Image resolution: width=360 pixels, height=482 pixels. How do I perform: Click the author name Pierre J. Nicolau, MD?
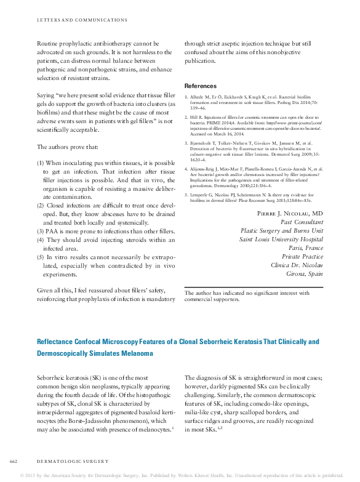click(289, 213)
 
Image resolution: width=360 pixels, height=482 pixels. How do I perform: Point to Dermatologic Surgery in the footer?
click(73, 460)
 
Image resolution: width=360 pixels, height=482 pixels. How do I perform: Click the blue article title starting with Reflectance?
click(178, 342)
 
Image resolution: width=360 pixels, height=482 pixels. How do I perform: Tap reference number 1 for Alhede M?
click(187, 97)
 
